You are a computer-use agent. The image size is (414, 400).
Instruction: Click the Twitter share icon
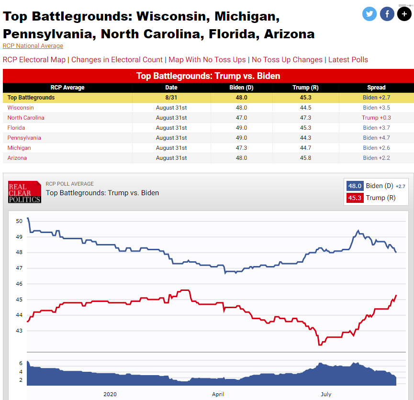coord(369,14)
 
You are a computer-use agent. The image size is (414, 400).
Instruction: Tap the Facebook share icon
coord(387,14)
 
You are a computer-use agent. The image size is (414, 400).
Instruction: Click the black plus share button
coord(404,14)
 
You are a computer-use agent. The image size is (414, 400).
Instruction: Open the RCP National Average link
coord(33,46)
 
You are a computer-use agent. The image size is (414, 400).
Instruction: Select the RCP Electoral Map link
coord(34,60)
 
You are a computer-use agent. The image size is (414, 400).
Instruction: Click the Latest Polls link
coord(348,60)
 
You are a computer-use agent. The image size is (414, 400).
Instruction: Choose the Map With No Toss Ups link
coord(207,60)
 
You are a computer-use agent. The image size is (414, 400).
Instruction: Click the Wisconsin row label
coord(20,108)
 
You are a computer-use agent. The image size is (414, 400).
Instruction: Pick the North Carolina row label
coord(26,118)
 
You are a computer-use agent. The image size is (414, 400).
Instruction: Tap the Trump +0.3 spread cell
coord(376,118)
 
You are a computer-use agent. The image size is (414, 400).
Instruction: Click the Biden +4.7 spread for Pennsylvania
coord(376,138)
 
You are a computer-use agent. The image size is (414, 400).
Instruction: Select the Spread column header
coord(376,88)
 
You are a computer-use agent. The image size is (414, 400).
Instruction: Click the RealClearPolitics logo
coord(24,192)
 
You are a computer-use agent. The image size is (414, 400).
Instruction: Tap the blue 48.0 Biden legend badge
coord(355,186)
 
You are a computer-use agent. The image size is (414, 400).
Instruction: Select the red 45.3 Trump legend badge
coord(355,198)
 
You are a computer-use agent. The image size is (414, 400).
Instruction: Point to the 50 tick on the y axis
coord(19,221)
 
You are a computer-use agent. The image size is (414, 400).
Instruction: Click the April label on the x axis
coord(218,394)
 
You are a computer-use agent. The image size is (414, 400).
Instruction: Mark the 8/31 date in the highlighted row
coord(171,98)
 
